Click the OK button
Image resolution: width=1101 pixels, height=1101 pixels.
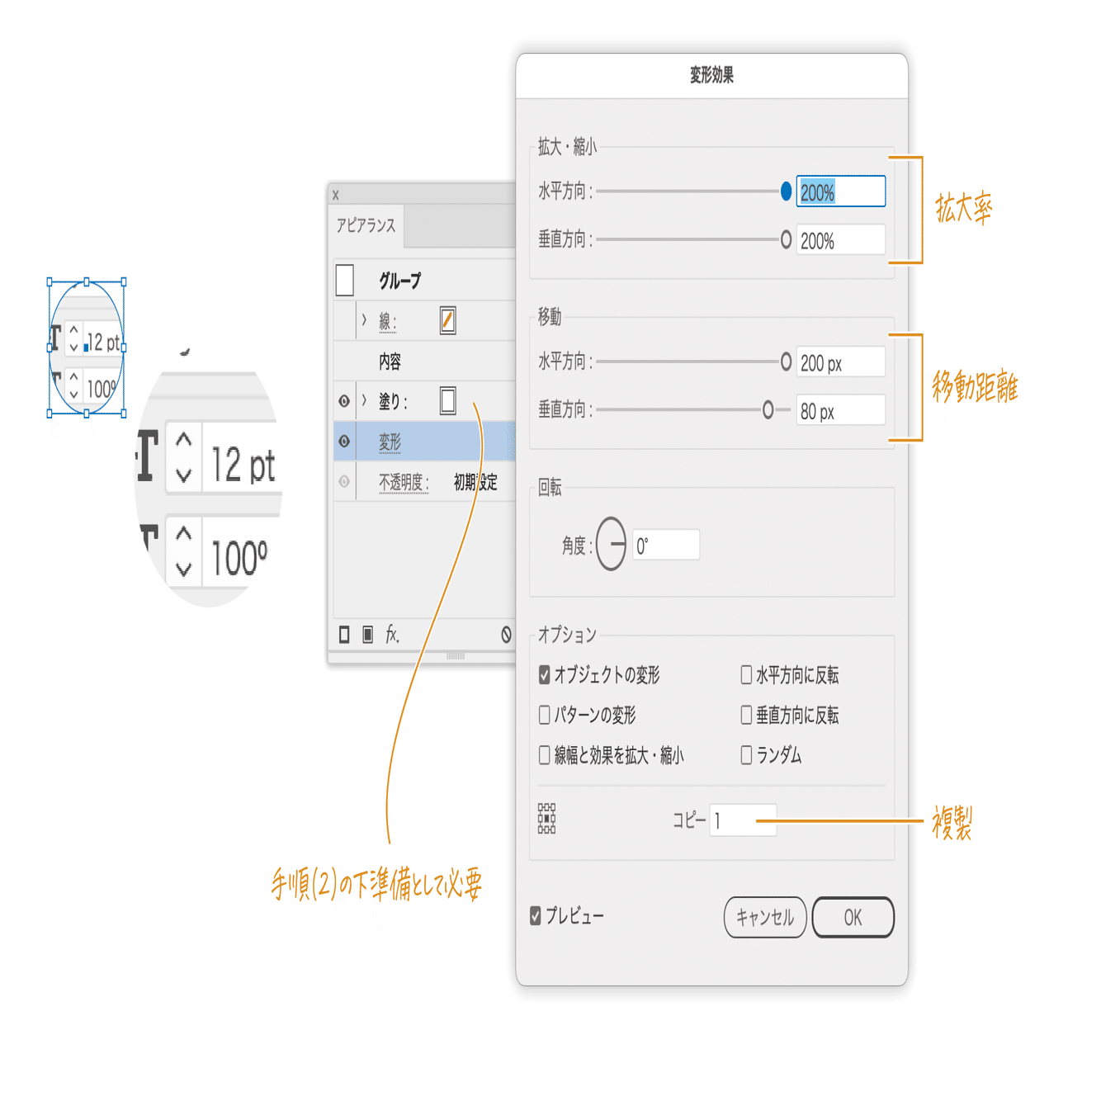coord(853,917)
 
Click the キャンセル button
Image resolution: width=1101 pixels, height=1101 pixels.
coord(764,917)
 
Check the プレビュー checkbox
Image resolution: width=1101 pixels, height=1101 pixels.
coord(536,915)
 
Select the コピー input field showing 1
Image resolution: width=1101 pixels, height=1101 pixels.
coord(743,820)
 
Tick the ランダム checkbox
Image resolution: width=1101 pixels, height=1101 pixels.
coord(746,754)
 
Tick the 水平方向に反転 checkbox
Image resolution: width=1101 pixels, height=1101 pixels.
coord(746,674)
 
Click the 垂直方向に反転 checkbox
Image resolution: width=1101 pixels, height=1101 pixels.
coord(746,714)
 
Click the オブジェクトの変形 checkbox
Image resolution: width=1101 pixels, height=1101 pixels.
coord(545,674)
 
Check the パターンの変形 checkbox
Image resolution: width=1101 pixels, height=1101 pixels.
coord(545,714)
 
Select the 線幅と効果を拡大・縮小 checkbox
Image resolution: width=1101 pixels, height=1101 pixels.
coord(545,754)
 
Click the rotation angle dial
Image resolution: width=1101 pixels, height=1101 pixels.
coord(612,544)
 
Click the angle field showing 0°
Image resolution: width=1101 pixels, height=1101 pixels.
coord(665,545)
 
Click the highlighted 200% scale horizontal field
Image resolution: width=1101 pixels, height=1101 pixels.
coord(839,191)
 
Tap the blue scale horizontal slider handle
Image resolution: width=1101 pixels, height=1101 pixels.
coord(786,191)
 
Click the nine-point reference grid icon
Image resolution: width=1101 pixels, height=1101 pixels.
coord(546,819)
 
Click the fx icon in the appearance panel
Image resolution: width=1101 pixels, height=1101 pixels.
coord(392,634)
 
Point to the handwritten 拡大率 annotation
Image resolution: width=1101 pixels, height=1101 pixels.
coord(963,208)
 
